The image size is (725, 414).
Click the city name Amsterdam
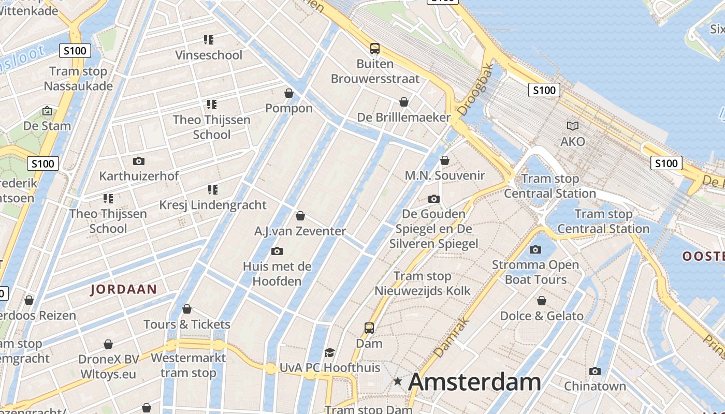coord(474,382)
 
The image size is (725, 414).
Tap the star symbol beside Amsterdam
coord(398,382)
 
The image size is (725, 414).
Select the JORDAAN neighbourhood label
coord(124,289)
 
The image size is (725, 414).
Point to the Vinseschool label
coord(209,55)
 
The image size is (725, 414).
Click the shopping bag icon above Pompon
coord(289,93)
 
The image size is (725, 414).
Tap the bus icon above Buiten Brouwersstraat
coord(375,49)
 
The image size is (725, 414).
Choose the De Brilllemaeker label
coord(404,117)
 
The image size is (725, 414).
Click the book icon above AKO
coord(573,126)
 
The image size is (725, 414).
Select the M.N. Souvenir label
coord(445,175)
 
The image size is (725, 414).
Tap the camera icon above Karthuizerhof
coord(138,161)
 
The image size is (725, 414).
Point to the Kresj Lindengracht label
coord(213,205)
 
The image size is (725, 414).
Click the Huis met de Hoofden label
coord(277,274)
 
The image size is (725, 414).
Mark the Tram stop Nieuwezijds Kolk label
coord(423,284)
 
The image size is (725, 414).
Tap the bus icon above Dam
coord(369,328)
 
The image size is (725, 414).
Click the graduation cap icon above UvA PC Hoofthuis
coord(329,352)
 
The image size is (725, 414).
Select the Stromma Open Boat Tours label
coord(535,272)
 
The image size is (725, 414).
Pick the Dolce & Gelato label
coord(542,316)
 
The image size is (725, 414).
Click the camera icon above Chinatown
coord(595,371)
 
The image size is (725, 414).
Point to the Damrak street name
coord(452,337)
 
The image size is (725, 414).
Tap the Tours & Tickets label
coord(187,324)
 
